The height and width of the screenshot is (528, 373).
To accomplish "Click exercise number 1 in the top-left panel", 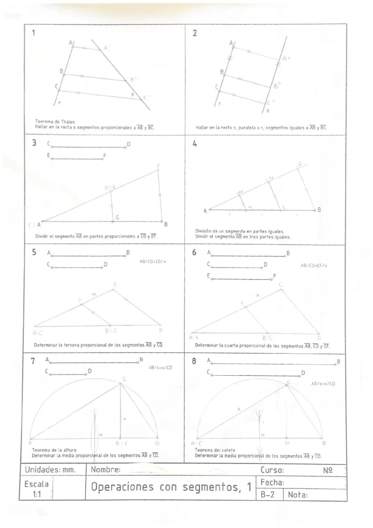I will click(34, 33).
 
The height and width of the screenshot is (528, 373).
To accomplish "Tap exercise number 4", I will click(195, 143).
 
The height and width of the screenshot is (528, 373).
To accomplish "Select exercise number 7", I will click(33, 361).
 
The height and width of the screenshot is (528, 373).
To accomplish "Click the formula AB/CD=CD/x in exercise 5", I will click(153, 262).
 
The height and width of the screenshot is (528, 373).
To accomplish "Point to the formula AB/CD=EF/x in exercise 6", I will click(314, 266).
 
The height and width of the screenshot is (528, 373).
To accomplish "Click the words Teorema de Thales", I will click(55, 122).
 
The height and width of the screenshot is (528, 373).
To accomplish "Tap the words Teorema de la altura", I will click(54, 450).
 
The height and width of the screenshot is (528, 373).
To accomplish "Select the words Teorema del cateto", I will click(215, 450).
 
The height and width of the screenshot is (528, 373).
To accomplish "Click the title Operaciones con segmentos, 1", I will click(171, 487).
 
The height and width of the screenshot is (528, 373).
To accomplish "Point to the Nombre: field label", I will click(105, 470).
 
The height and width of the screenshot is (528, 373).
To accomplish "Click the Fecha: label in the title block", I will click(272, 482).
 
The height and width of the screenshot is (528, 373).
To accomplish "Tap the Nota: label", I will click(297, 495).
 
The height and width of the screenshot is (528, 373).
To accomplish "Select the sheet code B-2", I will click(267, 495).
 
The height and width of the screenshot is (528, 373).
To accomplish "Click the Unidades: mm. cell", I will click(50, 470).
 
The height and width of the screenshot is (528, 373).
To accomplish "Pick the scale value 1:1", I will click(37, 494).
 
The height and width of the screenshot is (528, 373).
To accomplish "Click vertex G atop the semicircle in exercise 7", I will click(121, 383).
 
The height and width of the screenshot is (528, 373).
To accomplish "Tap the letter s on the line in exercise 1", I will click(132, 94).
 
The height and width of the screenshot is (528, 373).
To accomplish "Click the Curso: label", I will click(272, 470).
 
